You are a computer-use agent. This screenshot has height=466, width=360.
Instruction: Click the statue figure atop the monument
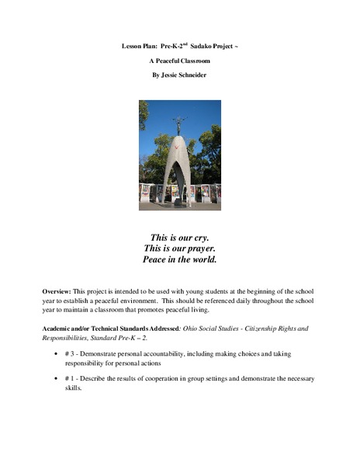[x=180, y=123]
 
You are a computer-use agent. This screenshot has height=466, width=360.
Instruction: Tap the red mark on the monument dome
[x=178, y=148]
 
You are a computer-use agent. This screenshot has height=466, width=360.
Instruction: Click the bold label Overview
[x=58, y=290]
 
